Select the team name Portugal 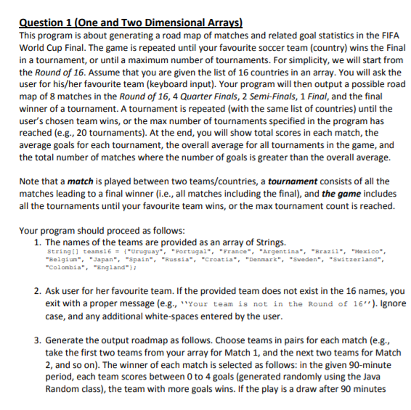tap(168, 251)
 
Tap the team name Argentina tap(264, 251)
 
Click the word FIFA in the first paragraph tap(386, 35)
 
